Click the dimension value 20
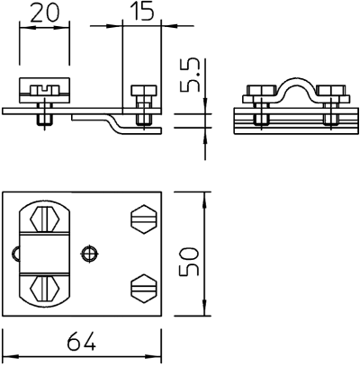click(45, 13)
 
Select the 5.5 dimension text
click(190, 75)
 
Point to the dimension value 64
click(82, 341)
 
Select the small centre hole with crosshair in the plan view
click(90, 254)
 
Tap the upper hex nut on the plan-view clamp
click(44, 219)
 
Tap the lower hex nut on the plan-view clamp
click(44, 289)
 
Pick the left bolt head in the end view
click(261, 91)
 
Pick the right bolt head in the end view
click(330, 91)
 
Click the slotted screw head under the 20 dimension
click(44, 90)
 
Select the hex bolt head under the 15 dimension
click(144, 90)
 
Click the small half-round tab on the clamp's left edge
click(16, 254)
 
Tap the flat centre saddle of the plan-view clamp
click(44, 254)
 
